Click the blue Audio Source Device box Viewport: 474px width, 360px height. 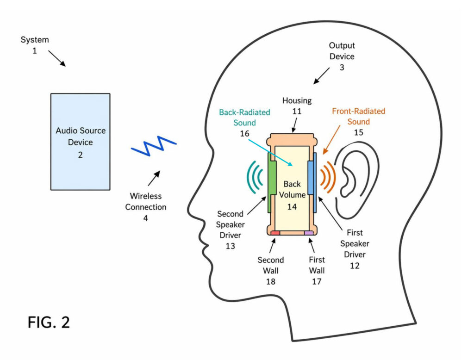[x=80, y=142]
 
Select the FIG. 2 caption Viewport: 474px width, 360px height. [x=49, y=322]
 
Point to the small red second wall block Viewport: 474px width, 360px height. [x=275, y=233]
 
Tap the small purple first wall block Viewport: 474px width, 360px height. [x=309, y=233]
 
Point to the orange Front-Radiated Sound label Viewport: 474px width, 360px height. [x=358, y=117]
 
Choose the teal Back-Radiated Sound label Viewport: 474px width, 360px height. [x=244, y=118]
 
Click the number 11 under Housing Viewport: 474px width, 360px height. [x=297, y=111]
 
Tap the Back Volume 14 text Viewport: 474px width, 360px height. [x=292, y=195]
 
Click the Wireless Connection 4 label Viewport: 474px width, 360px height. [x=145, y=207]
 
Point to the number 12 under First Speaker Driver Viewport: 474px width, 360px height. [x=354, y=266]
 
